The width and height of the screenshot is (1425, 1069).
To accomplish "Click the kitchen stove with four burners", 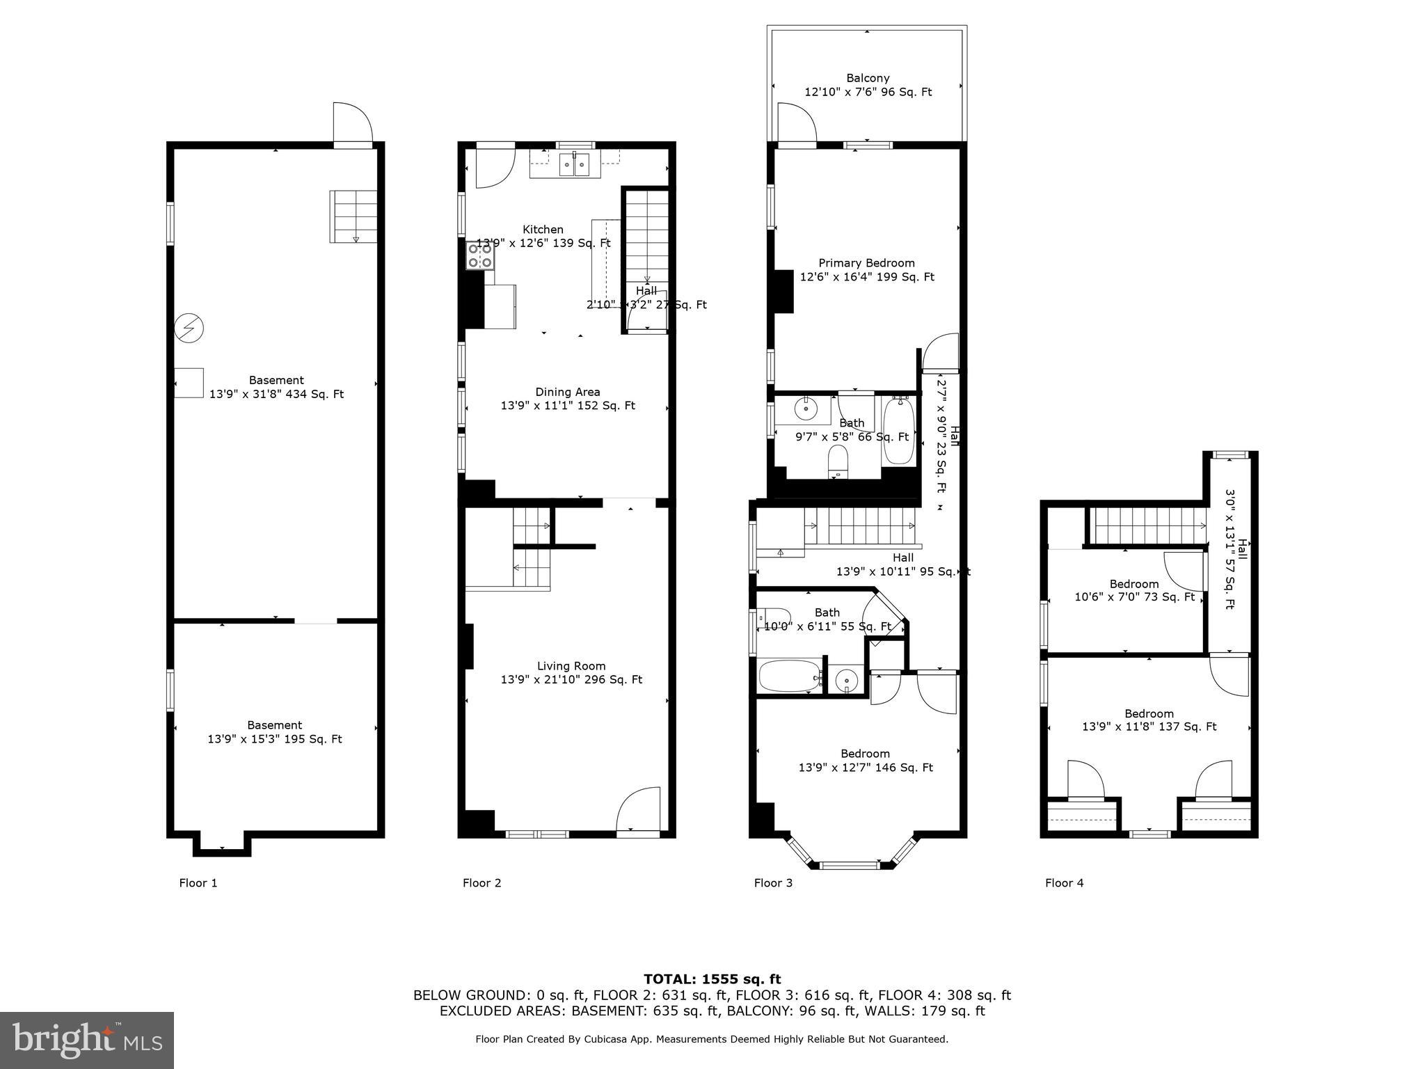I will click(480, 255).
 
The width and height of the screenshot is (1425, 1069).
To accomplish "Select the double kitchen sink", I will click(575, 165).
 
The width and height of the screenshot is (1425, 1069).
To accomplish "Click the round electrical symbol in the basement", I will click(189, 328).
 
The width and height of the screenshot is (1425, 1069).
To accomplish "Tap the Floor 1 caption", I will click(198, 882).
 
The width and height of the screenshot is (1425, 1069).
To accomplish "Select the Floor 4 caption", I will click(1064, 882).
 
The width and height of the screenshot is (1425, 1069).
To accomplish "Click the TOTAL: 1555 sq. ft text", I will click(712, 979).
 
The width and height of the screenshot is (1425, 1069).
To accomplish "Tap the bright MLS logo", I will click(87, 1040).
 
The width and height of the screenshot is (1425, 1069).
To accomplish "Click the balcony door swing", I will click(796, 123).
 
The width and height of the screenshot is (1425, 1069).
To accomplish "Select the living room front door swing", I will click(638, 809).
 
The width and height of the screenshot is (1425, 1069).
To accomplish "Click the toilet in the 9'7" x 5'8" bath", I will click(838, 461).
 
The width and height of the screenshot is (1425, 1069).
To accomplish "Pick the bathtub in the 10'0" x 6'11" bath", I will click(789, 676).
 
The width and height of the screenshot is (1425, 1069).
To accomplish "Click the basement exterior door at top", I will click(352, 123).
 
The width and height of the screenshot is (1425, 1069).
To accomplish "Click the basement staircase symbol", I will click(353, 216).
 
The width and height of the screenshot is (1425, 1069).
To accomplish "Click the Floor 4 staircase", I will click(1147, 526).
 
